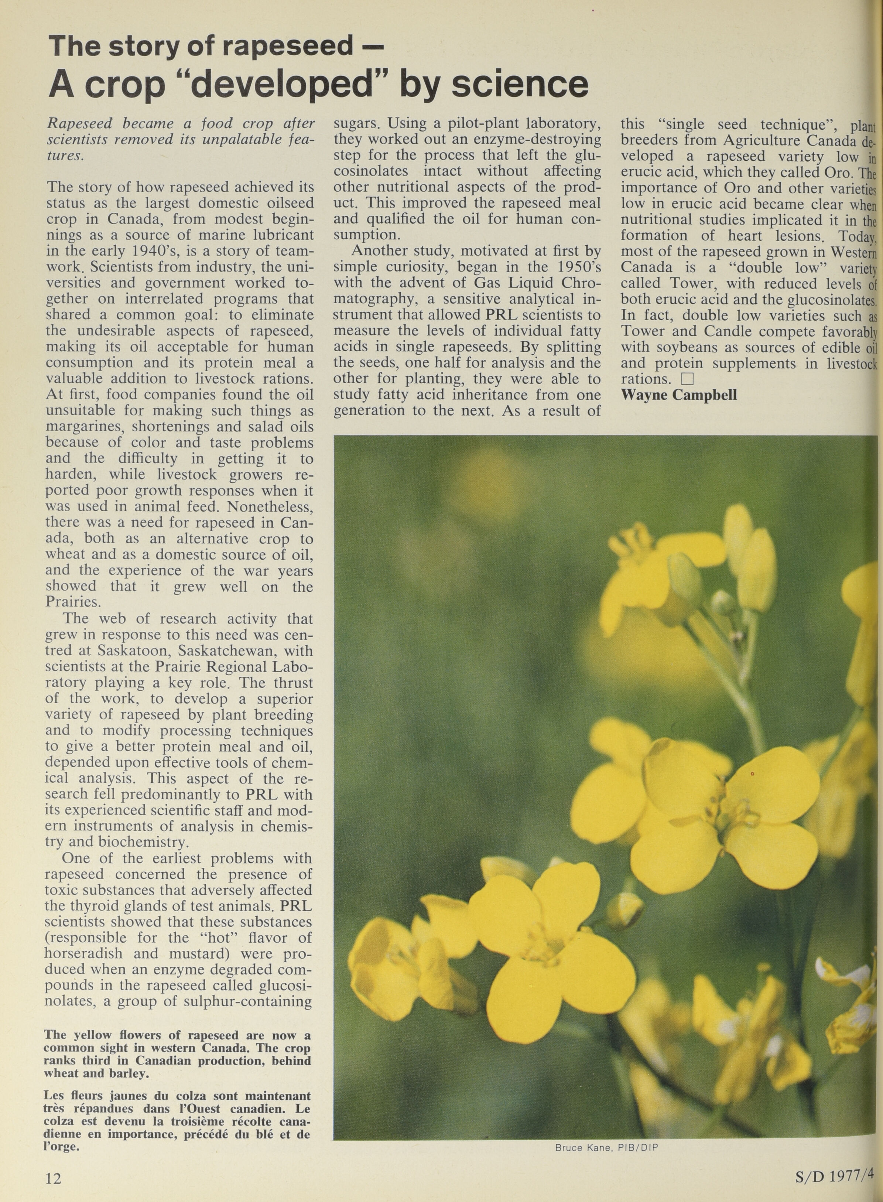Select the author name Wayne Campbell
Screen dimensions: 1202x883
(679, 395)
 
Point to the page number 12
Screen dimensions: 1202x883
(54, 1177)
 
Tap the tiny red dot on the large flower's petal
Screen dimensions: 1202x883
(752, 773)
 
